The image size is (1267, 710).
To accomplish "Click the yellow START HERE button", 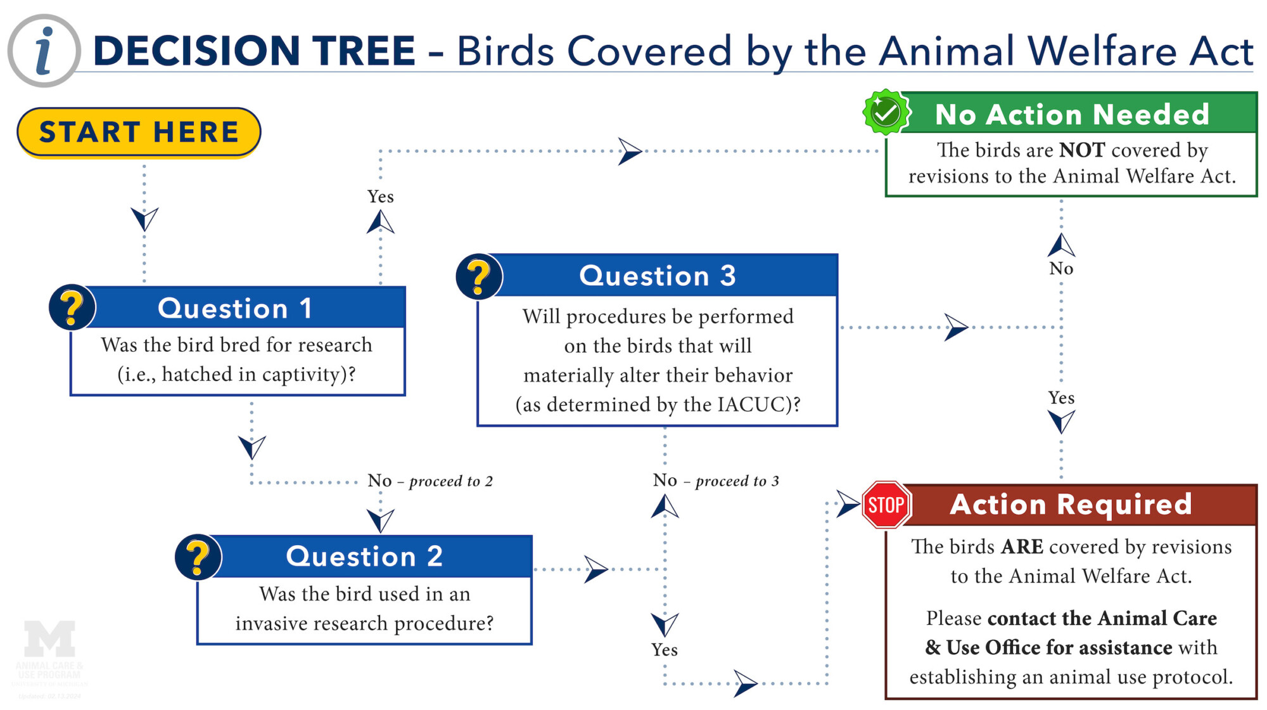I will (139, 132).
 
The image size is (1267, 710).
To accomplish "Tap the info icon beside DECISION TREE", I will (44, 51).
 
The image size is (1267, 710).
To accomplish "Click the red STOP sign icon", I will (886, 505).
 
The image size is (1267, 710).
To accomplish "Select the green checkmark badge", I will (886, 113).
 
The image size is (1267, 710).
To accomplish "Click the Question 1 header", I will (236, 308).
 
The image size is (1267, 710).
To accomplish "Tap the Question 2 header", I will (364, 556).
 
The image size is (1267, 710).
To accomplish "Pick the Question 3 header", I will (658, 276).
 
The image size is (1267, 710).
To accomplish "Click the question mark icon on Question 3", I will (479, 276).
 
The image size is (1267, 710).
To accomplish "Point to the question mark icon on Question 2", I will (198, 557).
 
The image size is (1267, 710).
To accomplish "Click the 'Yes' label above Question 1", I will (380, 197).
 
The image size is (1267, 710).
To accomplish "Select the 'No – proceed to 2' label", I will (430, 481).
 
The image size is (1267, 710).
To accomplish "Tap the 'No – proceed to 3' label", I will (716, 481).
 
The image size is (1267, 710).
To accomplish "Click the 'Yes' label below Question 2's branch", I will (664, 650).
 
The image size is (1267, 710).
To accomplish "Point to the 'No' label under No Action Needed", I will (1061, 269).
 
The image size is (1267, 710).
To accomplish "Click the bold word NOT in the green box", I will (1082, 150).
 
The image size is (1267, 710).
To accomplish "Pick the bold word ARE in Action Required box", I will (1022, 546).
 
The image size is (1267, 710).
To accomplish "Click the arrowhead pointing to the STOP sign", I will (847, 504).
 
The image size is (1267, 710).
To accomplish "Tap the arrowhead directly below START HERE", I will (144, 219).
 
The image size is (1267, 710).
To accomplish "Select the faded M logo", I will (49, 638).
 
